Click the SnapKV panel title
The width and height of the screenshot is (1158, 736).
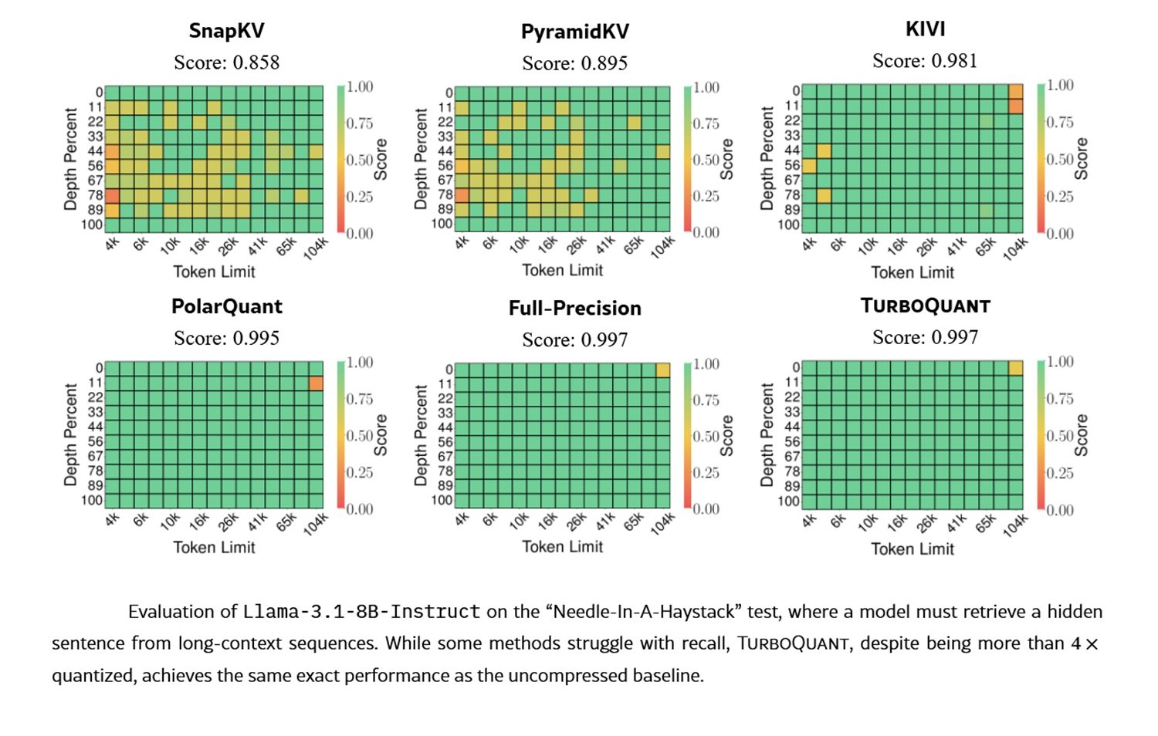point(226,31)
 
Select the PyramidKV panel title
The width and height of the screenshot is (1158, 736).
point(574,32)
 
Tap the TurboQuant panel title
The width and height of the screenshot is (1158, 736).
point(925,306)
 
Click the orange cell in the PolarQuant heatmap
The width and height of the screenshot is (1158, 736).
point(316,383)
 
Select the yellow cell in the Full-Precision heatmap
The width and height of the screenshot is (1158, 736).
point(662,370)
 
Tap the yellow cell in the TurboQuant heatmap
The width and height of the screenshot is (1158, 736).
point(1015,368)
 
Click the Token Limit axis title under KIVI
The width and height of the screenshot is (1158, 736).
point(913,272)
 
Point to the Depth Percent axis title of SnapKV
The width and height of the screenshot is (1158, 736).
point(71,159)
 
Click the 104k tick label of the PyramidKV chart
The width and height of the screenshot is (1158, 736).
point(662,247)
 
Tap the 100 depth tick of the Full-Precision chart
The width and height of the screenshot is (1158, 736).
point(442,500)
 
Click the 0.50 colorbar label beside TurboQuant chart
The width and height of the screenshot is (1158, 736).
point(1059,436)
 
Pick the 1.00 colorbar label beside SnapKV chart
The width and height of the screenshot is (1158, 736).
point(360,86)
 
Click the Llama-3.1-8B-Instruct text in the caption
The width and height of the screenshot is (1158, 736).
point(361,612)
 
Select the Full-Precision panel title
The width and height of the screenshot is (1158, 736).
point(574,309)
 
